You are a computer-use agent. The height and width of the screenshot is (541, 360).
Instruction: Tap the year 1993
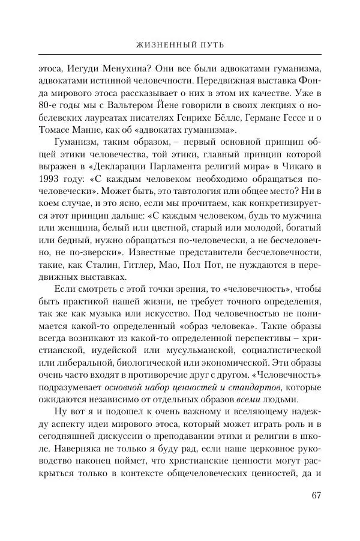(x=50, y=196)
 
